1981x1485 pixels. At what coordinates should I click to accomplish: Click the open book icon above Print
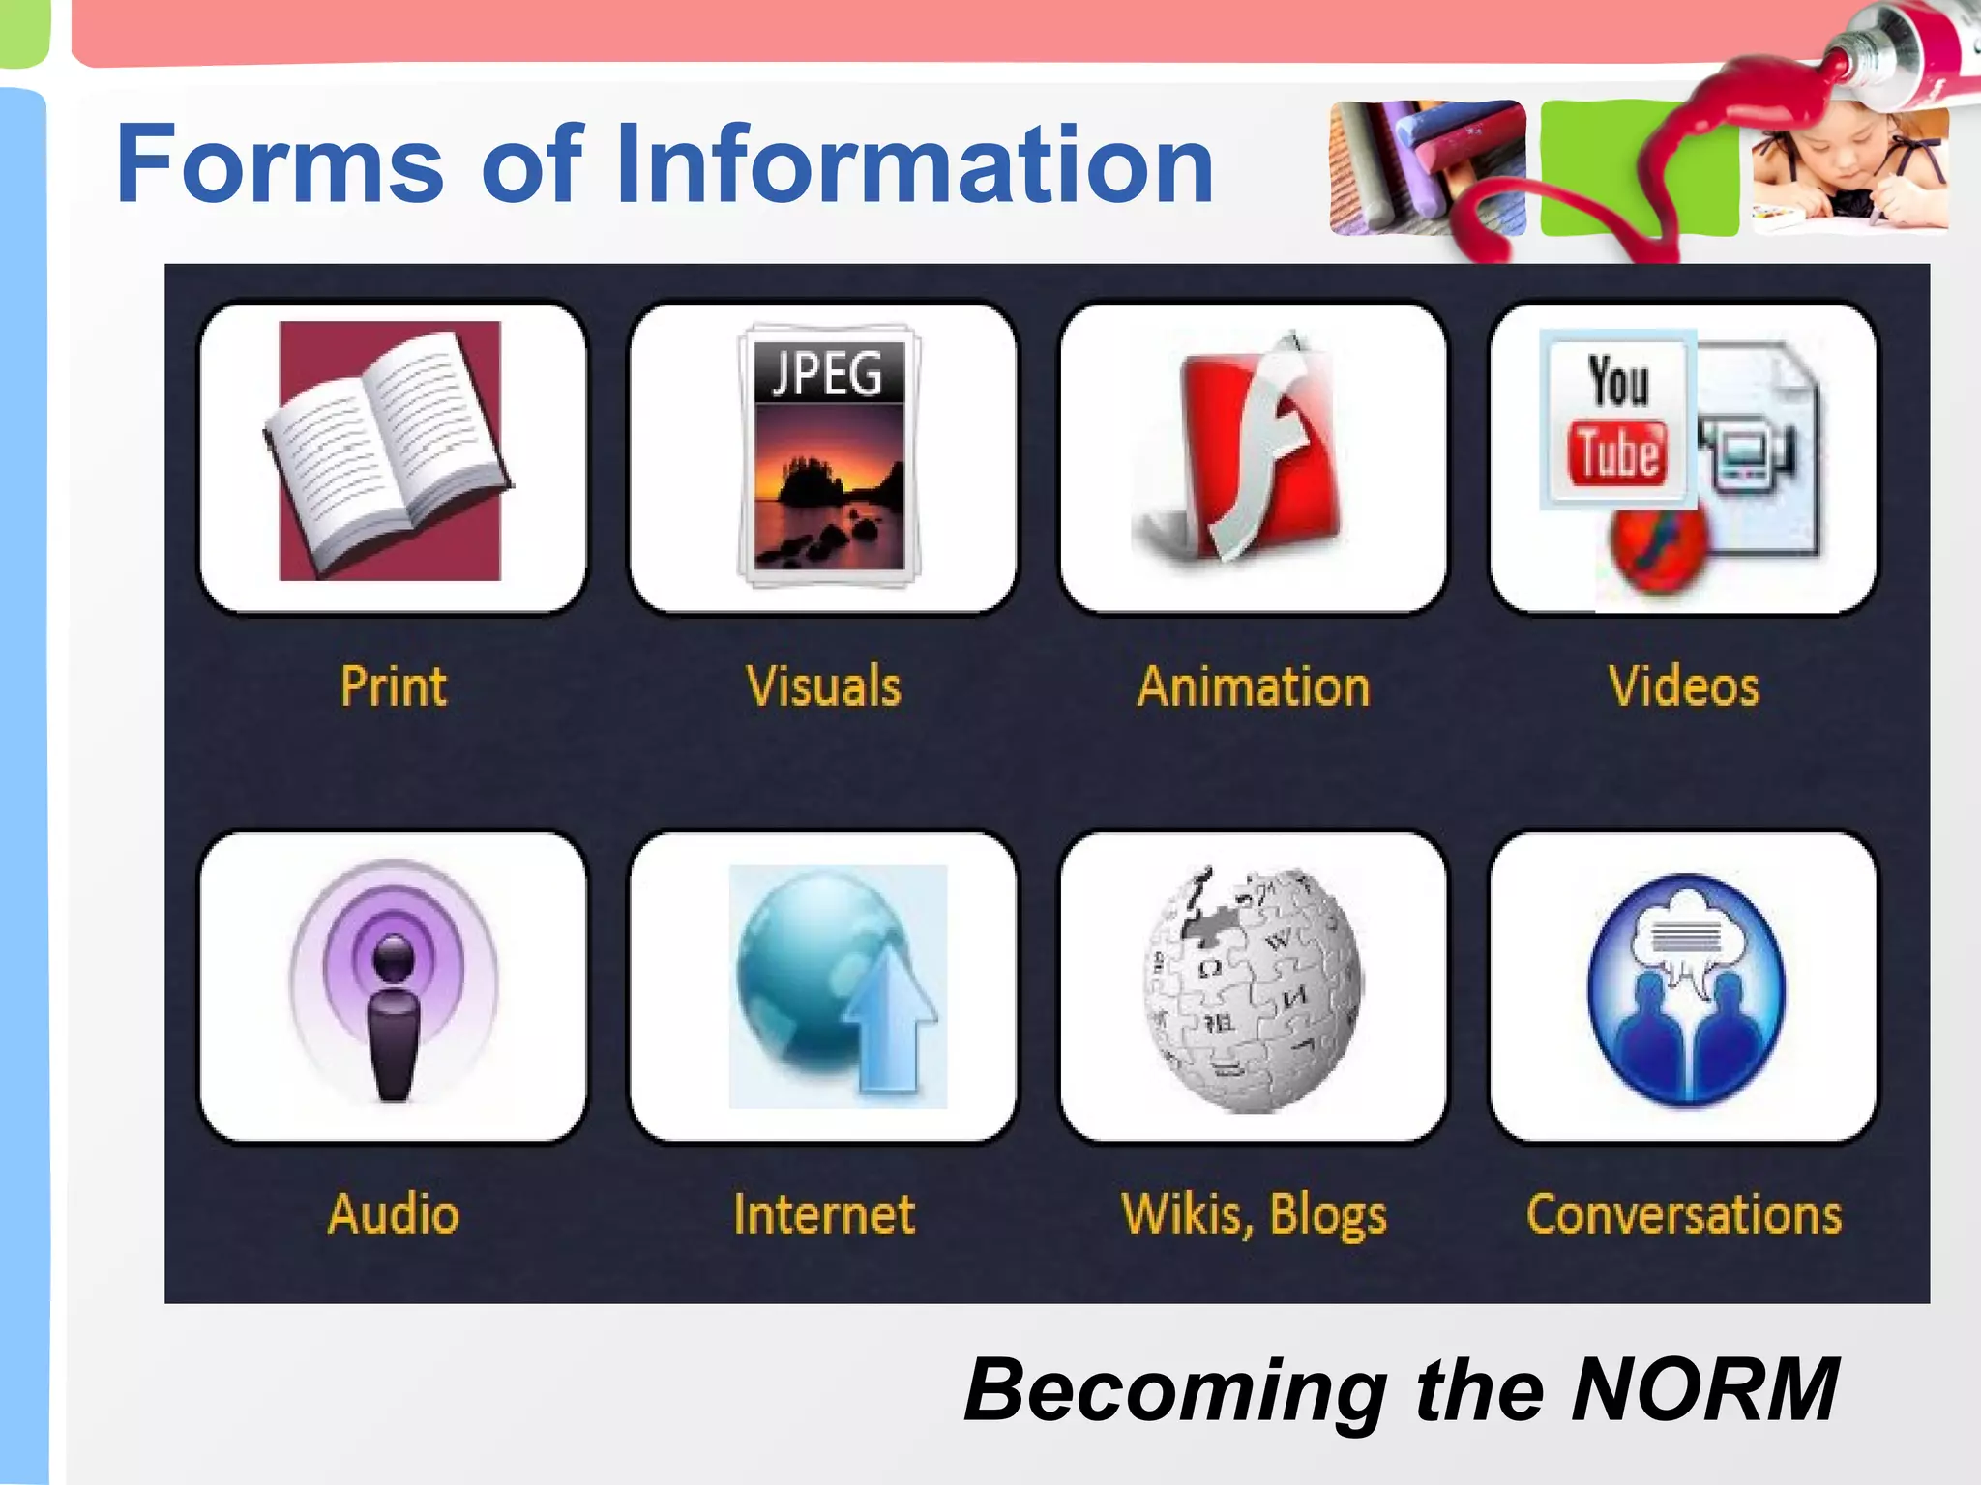click(x=390, y=452)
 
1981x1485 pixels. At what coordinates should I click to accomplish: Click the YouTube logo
click(x=1617, y=420)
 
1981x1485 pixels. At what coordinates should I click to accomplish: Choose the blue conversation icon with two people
click(x=1685, y=988)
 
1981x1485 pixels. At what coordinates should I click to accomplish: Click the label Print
click(x=393, y=687)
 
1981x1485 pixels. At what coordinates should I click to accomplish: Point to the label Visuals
click(x=823, y=687)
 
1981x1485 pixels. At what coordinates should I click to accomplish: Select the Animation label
click(x=1254, y=687)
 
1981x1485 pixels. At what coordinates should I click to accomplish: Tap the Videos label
click(x=1683, y=687)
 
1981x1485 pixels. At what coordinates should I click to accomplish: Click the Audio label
click(x=393, y=1214)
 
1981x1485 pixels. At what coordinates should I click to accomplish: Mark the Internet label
click(x=824, y=1214)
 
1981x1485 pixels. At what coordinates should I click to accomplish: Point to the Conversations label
click(x=1684, y=1214)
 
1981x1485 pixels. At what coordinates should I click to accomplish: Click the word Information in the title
click(x=914, y=164)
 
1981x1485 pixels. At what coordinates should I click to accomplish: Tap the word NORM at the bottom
click(x=1704, y=1390)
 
